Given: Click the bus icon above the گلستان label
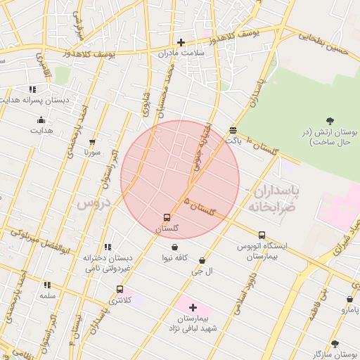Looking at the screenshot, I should click(x=167, y=217).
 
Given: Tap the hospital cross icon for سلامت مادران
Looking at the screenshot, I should click(x=181, y=42).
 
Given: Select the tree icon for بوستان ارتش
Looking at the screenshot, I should click(x=330, y=121).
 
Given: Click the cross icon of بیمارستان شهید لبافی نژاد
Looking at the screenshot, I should click(x=193, y=307).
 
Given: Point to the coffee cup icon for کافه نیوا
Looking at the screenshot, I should click(x=174, y=247).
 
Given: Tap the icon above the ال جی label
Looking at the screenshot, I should click(x=202, y=260).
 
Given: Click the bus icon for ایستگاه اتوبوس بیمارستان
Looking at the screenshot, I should click(x=262, y=234).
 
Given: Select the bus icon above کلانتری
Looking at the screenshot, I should click(x=120, y=289).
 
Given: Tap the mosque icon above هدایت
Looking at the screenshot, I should click(x=41, y=120).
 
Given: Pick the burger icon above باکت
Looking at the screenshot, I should click(x=233, y=129).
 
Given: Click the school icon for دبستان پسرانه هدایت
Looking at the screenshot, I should click(x=32, y=89).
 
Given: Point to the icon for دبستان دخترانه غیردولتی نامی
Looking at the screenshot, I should click(x=108, y=247).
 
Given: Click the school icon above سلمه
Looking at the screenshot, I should click(x=47, y=285).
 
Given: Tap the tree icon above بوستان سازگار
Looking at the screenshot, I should click(x=334, y=344).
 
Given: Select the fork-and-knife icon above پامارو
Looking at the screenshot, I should click(x=349, y=299).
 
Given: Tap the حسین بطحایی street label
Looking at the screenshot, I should click(x=323, y=40).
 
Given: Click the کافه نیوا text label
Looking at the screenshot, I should click(x=174, y=258).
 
